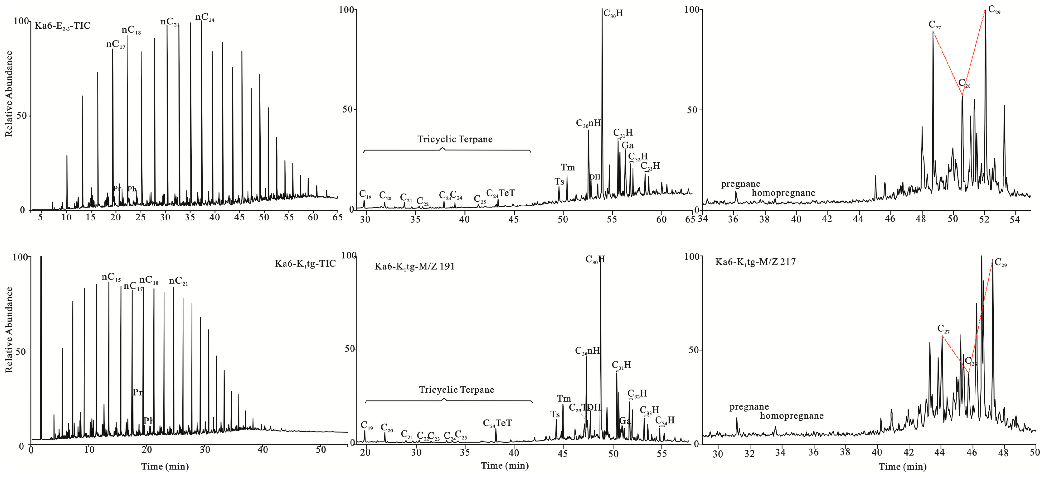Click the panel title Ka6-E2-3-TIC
tap(62, 26)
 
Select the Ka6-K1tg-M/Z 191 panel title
tap(414, 266)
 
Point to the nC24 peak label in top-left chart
tap(204, 18)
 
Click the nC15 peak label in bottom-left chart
tap(111, 277)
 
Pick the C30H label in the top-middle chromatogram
tap(613, 13)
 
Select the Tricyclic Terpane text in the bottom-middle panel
tap(456, 390)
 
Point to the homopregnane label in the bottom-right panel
tap(792, 416)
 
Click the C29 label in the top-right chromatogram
tap(994, 10)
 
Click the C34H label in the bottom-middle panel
tap(665, 420)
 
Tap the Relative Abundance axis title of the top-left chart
tap(9, 93)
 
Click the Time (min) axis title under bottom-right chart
tap(903, 467)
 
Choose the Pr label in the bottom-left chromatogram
tap(137, 392)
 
